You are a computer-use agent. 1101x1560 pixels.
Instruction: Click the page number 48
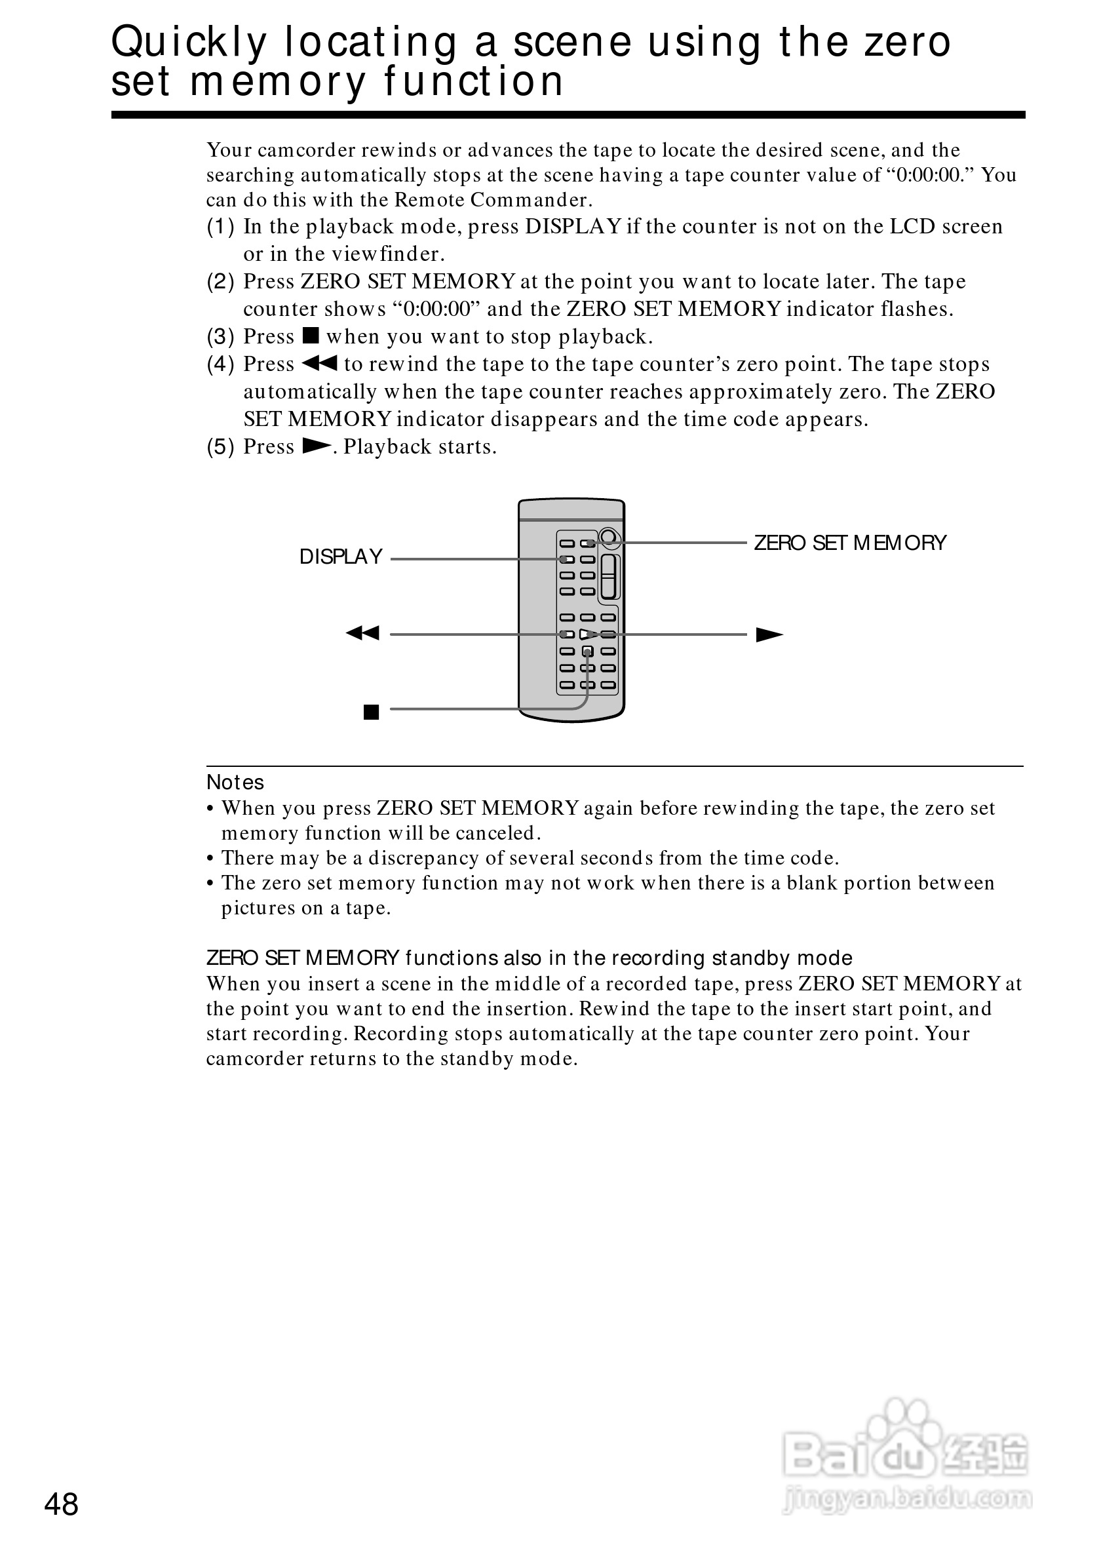tap(61, 1504)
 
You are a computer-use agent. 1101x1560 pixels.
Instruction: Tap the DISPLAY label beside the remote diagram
tap(341, 557)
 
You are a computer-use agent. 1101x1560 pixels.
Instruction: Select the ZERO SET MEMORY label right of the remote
tap(850, 543)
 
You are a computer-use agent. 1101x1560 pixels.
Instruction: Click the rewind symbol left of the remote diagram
tap(362, 633)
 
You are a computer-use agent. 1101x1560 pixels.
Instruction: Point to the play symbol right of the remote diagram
tap(769, 634)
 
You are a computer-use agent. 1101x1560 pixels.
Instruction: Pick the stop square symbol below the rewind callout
tap(371, 712)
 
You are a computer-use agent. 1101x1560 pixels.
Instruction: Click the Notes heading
tap(235, 783)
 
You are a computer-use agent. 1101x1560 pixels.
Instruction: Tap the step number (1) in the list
tap(221, 226)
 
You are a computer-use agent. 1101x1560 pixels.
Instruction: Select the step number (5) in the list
tap(221, 446)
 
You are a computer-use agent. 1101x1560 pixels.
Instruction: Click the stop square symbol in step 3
tap(311, 336)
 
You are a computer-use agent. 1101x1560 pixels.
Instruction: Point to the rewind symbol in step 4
tap(319, 364)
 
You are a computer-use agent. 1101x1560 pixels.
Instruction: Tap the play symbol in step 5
tap(317, 446)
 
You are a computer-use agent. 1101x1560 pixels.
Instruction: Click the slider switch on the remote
tap(609, 576)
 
